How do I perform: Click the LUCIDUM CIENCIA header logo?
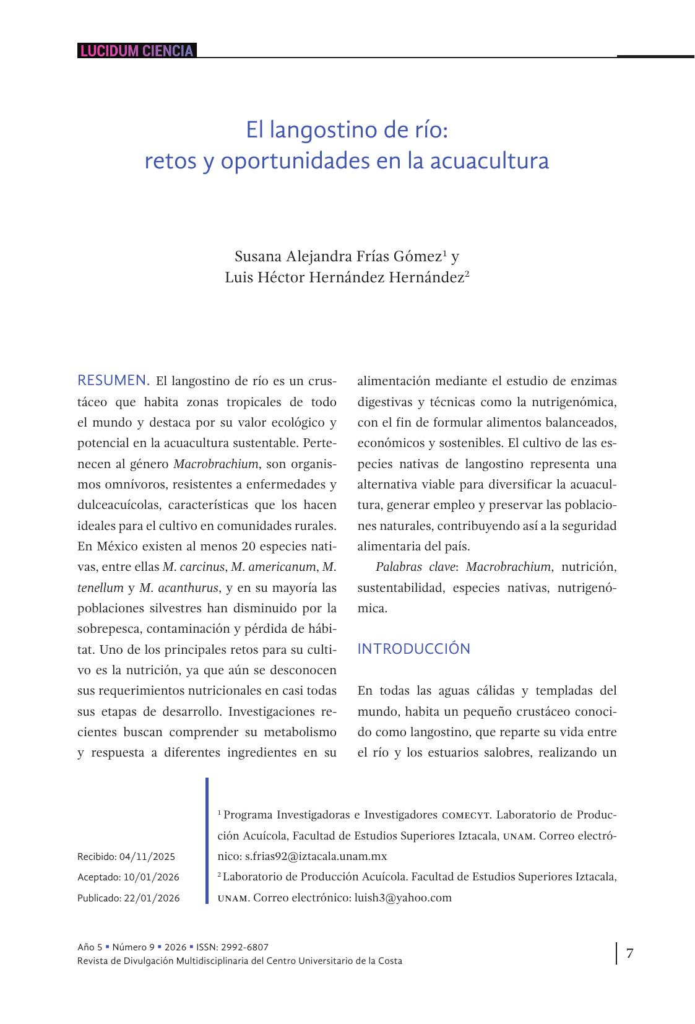pos(137,51)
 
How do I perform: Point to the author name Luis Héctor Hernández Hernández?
pos(344,278)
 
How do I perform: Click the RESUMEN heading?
pos(113,380)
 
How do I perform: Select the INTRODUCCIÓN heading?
pos(413,649)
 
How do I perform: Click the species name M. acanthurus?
pos(178,588)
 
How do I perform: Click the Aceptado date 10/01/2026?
pos(152,877)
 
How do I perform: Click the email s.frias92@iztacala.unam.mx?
pos(316,857)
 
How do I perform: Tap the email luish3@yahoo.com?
pos(403,898)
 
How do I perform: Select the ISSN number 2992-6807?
pos(244,947)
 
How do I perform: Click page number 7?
pos(629,953)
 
